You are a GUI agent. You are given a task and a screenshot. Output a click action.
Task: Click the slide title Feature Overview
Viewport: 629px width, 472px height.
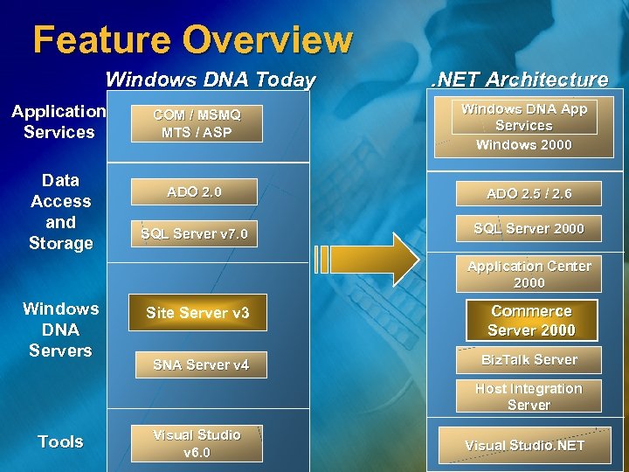coord(192,39)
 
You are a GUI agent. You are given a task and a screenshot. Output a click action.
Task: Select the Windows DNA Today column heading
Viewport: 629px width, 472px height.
coord(210,80)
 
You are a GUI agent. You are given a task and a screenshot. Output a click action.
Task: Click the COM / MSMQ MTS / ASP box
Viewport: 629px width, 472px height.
coord(197,123)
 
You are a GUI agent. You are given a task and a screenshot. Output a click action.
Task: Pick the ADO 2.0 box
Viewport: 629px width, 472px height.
coord(194,192)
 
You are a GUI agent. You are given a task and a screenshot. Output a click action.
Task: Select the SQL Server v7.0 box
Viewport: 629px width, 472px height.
coord(194,233)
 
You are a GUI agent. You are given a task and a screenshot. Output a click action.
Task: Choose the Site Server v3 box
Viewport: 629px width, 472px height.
coord(197,313)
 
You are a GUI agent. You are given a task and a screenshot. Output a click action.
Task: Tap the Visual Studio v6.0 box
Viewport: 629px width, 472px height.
coord(197,443)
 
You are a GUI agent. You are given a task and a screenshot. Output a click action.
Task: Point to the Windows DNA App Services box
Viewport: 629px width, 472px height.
coord(524,117)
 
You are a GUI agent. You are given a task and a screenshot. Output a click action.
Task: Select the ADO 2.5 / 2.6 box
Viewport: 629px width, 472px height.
coord(529,193)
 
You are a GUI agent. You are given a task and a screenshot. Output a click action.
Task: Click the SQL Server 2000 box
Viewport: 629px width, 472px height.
coord(529,228)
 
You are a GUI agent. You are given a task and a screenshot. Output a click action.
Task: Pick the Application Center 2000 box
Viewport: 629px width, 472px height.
coord(529,274)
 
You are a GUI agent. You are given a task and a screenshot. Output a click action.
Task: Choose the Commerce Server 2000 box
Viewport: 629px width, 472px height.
coord(531,320)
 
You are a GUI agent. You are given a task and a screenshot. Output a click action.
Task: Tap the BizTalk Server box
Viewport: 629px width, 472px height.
coord(529,359)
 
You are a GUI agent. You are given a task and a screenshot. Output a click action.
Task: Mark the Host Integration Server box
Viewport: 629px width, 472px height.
coord(529,397)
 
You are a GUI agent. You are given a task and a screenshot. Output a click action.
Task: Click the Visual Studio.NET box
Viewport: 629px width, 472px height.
coord(524,445)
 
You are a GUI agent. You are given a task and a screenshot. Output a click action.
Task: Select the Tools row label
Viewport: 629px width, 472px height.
coord(60,441)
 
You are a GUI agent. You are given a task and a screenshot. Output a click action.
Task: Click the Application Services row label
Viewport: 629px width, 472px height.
coord(59,121)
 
